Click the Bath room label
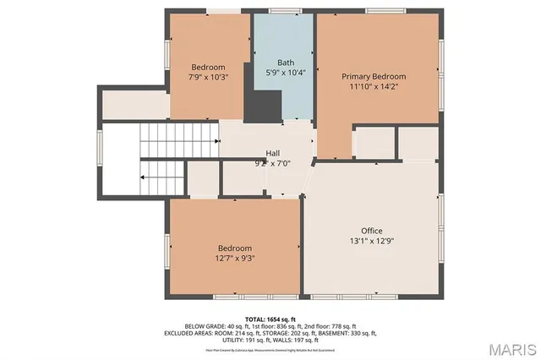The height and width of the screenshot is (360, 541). [x=286, y=63]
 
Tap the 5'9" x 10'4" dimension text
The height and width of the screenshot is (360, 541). [x=286, y=73]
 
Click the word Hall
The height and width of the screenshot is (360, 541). [x=272, y=153]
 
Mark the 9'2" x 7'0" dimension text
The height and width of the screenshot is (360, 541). [x=272, y=163]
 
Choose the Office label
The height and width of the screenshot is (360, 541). [x=372, y=231]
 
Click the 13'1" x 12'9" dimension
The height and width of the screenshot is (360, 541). [x=372, y=241]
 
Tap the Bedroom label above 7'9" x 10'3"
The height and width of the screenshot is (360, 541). [x=207, y=68]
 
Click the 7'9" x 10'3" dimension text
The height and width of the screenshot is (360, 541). [x=207, y=78]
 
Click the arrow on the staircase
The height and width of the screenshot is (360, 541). [x=145, y=178]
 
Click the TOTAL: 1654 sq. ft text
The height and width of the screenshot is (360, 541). [x=270, y=318]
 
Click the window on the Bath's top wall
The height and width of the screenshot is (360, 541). [x=286, y=11]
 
